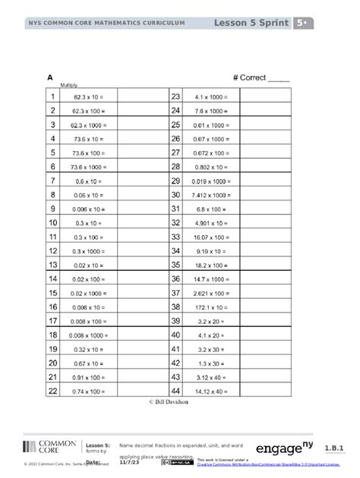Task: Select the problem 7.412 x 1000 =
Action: coord(207,194)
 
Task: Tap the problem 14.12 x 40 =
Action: coord(207,391)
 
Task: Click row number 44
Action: coord(175,391)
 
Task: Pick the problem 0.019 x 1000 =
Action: coord(207,181)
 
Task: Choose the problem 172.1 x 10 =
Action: coord(207,307)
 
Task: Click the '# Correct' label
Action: coord(261,77)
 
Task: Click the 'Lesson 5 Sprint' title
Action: coord(254,23)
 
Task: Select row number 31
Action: coord(175,209)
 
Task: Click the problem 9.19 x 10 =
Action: coord(207,250)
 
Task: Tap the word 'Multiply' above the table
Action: coord(59,86)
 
